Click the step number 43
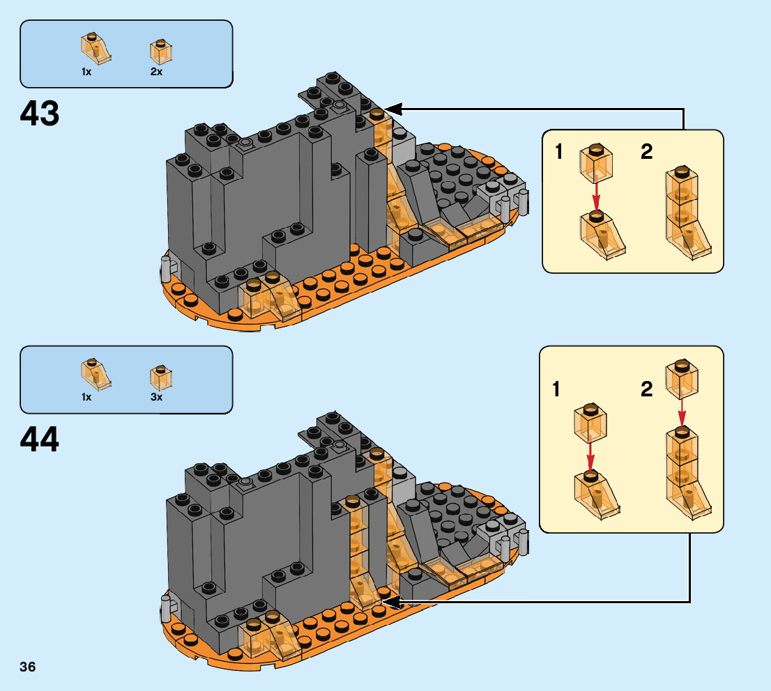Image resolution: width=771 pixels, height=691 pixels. tap(40, 114)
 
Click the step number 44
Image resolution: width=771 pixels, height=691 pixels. tap(40, 440)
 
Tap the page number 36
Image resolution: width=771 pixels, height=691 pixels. tap(28, 667)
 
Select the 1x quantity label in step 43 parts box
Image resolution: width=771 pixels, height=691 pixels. tap(86, 72)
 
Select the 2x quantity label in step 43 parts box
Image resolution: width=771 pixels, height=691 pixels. tap(156, 72)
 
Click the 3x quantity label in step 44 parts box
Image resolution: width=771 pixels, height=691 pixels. tap(156, 397)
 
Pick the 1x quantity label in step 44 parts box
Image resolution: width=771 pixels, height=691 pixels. tap(86, 397)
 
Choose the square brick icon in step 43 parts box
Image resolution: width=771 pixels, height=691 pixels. tap(161, 52)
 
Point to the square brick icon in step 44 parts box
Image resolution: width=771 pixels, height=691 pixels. tap(161, 378)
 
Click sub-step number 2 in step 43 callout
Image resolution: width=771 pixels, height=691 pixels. tap(647, 152)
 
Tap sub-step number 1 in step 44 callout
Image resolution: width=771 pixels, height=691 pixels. tap(556, 389)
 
